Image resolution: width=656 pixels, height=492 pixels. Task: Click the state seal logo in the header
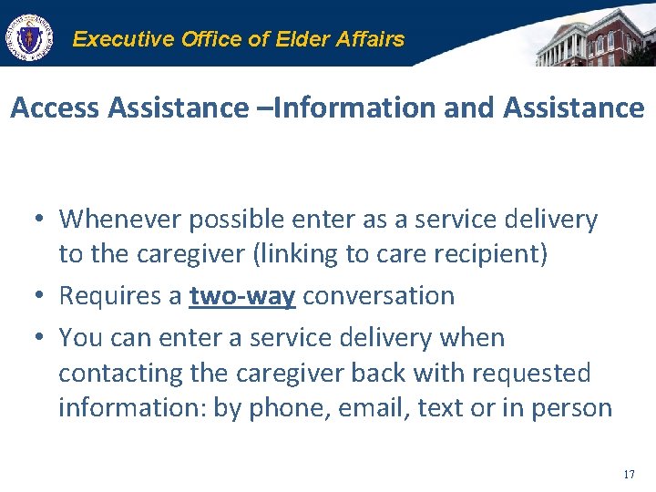(30, 37)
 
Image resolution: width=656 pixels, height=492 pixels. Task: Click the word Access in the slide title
(55, 108)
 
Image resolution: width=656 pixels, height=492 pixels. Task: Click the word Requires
(119, 295)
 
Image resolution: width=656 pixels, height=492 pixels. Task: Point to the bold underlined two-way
(243, 295)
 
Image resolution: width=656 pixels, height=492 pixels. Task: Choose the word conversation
(379, 295)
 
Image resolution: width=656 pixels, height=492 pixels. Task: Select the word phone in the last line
(292, 407)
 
